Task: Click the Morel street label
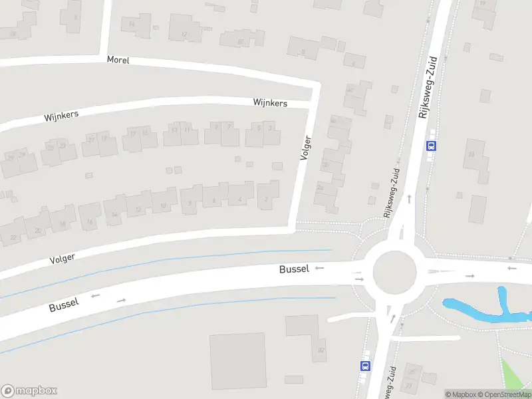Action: pyautogui.click(x=118, y=60)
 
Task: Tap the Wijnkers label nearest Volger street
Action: pyautogui.click(x=270, y=103)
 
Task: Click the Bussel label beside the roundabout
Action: pyautogui.click(x=294, y=269)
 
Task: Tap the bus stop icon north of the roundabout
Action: pyautogui.click(x=432, y=146)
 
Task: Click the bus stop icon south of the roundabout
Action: pyautogui.click(x=365, y=366)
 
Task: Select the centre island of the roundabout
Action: pyautogui.click(x=394, y=272)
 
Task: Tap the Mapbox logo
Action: pyautogui.click(x=29, y=391)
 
